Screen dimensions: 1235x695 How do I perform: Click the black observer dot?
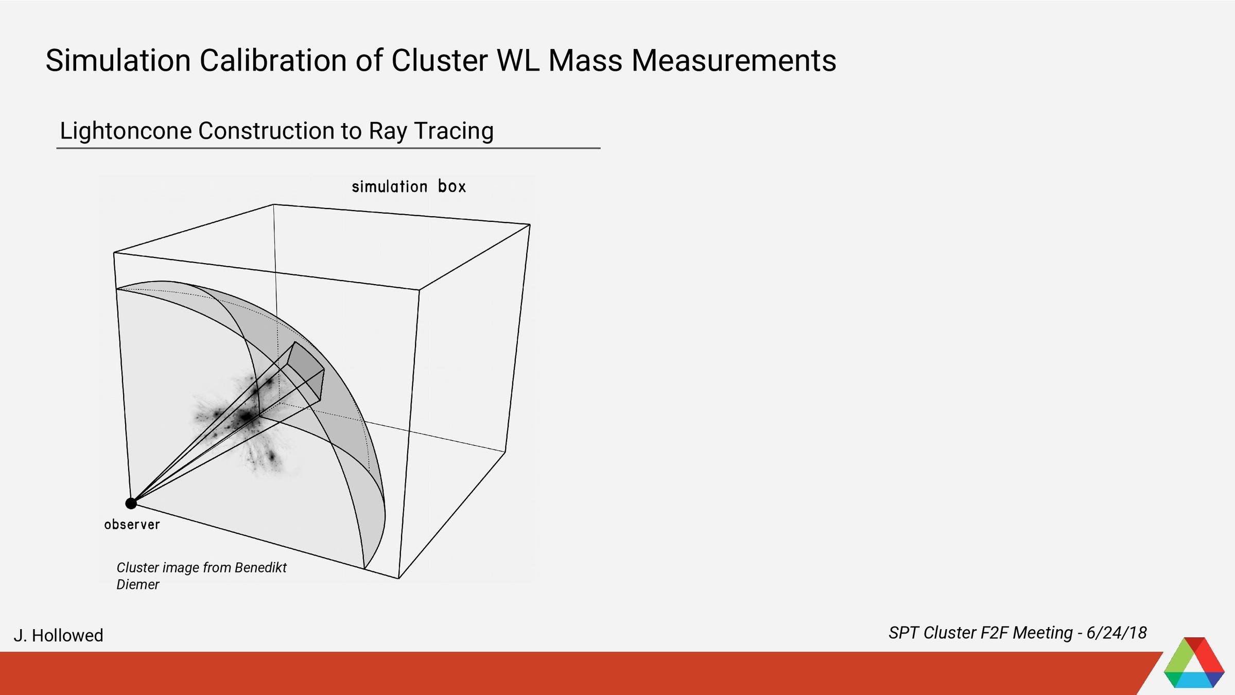(131, 503)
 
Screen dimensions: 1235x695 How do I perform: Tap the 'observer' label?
(132, 525)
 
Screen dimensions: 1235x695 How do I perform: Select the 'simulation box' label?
(409, 186)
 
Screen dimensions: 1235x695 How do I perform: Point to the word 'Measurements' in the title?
(734, 60)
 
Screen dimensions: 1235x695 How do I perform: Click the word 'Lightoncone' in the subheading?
(126, 131)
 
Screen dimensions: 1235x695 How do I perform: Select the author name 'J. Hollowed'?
(58, 635)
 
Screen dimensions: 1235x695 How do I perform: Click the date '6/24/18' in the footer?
(1116, 633)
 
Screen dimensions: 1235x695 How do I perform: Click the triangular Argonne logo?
(1194, 664)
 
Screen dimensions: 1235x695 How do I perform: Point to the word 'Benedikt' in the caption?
(260, 567)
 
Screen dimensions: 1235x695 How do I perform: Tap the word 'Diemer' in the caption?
(138, 584)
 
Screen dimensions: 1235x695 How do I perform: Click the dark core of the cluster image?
(246, 416)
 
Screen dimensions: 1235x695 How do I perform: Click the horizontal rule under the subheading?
(328, 148)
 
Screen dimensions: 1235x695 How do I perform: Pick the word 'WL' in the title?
(517, 60)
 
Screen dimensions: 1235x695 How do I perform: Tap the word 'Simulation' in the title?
(118, 60)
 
